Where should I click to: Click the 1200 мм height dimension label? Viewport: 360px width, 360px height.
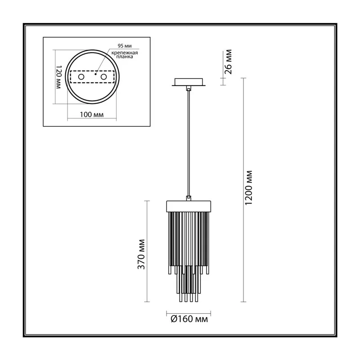pyautogui.click(x=249, y=188)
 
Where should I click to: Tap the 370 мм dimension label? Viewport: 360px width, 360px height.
pyautogui.click(x=141, y=254)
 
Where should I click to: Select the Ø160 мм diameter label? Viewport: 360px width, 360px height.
pyautogui.click(x=189, y=319)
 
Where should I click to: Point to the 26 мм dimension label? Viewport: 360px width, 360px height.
pyautogui.click(x=228, y=62)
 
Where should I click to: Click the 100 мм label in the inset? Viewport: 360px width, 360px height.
pyautogui.click(x=92, y=114)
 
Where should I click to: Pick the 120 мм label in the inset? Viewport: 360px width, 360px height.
pyautogui.click(x=59, y=77)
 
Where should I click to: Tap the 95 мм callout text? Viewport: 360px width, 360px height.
pyautogui.click(x=125, y=46)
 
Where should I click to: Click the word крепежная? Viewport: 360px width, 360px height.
pyautogui.click(x=125, y=53)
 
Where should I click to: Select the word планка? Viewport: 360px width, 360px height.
pyautogui.click(x=125, y=57)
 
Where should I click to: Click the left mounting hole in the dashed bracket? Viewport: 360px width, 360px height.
pyautogui.click(x=81, y=76)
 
